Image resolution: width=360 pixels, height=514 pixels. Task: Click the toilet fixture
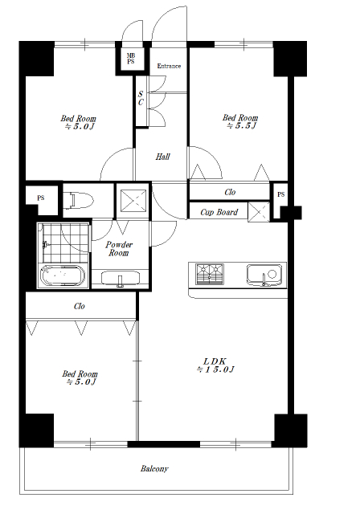79,200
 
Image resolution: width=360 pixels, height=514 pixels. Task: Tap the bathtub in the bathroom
63,275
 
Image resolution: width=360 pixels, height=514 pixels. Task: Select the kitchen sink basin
264,275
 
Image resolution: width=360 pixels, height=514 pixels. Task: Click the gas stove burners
210,274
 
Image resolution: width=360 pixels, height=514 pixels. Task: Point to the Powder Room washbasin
121,279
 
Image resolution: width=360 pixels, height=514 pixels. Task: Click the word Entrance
169,66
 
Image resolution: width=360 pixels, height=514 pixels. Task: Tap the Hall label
162,157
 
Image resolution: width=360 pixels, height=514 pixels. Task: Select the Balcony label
154,469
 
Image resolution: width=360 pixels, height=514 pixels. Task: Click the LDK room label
215,365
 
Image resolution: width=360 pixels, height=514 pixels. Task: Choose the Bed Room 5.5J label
240,121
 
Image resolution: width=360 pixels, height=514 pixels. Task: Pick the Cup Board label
219,212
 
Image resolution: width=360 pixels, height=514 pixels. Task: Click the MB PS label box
131,59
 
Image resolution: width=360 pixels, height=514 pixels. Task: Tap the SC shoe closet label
141,98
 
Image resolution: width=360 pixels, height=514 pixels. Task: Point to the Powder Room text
119,249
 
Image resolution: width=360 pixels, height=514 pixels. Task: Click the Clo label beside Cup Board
230,192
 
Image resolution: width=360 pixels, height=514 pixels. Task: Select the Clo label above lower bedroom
80,306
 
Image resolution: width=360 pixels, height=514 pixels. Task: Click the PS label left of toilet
41,198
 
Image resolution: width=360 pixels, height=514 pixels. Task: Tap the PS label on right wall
281,194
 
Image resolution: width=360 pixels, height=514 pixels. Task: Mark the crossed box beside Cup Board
259,212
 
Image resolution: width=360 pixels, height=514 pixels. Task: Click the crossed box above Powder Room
133,200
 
